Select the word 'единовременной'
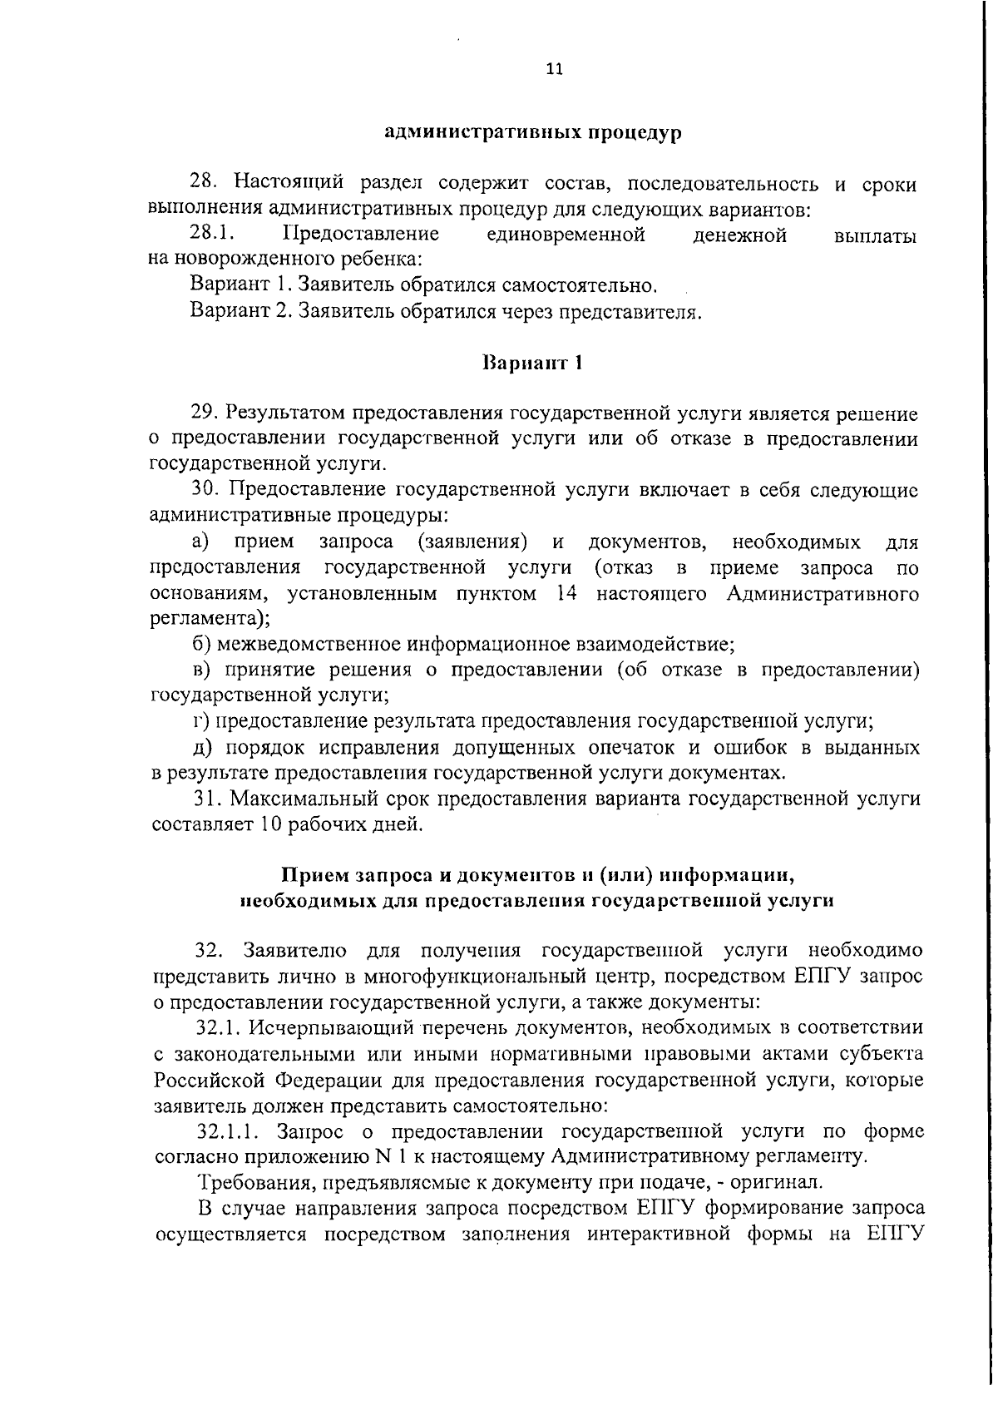(x=566, y=235)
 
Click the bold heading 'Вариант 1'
(x=532, y=364)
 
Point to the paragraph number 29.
(x=205, y=413)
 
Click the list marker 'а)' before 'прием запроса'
(x=200, y=543)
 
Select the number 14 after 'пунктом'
(x=566, y=594)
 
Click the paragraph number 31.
(x=205, y=799)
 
